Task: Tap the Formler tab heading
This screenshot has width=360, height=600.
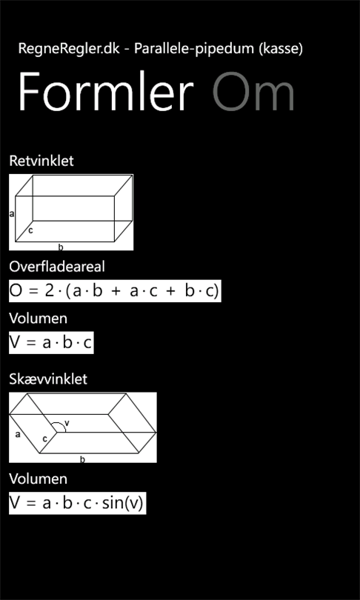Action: pyautogui.click(x=106, y=92)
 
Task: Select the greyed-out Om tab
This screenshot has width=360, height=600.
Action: pyautogui.click(x=253, y=92)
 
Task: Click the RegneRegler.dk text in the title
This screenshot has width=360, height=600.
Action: pyautogui.click(x=69, y=49)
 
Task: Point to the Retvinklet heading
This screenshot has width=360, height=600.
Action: pyautogui.click(x=41, y=161)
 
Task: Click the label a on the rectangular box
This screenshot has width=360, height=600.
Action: pyautogui.click(x=11, y=214)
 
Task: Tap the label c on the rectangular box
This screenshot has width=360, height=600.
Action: pyautogui.click(x=30, y=230)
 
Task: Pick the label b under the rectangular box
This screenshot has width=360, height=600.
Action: pyautogui.click(x=61, y=247)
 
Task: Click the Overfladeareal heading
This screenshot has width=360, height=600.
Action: pyautogui.click(x=56, y=267)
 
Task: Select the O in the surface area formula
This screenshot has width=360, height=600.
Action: pyautogui.click(x=16, y=291)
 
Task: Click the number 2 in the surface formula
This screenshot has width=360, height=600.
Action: pyautogui.click(x=50, y=291)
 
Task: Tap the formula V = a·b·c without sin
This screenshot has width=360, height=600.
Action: pyautogui.click(x=51, y=342)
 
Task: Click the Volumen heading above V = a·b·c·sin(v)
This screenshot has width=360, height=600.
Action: pyautogui.click(x=38, y=479)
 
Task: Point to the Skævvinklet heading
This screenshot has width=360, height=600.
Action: pyautogui.click(x=48, y=379)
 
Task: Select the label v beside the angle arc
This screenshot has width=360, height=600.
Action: pyautogui.click(x=67, y=423)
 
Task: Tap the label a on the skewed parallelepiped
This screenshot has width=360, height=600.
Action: pyautogui.click(x=18, y=434)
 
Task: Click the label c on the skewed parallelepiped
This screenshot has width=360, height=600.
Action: pyautogui.click(x=44, y=439)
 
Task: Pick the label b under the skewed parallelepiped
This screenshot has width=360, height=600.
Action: pyautogui.click(x=82, y=459)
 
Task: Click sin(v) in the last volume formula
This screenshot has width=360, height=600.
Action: pyautogui.click(x=122, y=503)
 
